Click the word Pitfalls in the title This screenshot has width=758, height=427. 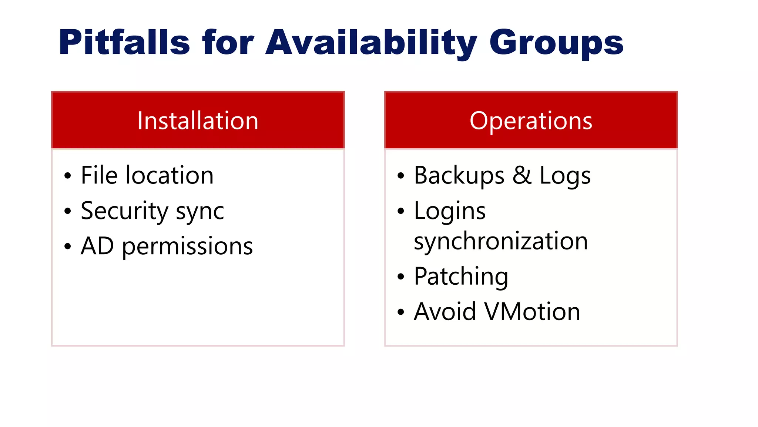pos(124,42)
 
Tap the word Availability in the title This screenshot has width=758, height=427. pos(371,42)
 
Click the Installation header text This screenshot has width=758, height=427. pos(198,121)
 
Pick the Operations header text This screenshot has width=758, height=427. pos(531,121)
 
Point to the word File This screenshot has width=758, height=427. pos(99,175)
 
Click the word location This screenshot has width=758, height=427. pos(170,175)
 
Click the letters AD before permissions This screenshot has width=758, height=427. pos(97,246)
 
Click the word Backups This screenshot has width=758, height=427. pos(459,176)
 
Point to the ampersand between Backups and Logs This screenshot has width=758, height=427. pos(522,175)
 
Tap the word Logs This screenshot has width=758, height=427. pos(565,176)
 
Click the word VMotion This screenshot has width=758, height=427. pos(532,311)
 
